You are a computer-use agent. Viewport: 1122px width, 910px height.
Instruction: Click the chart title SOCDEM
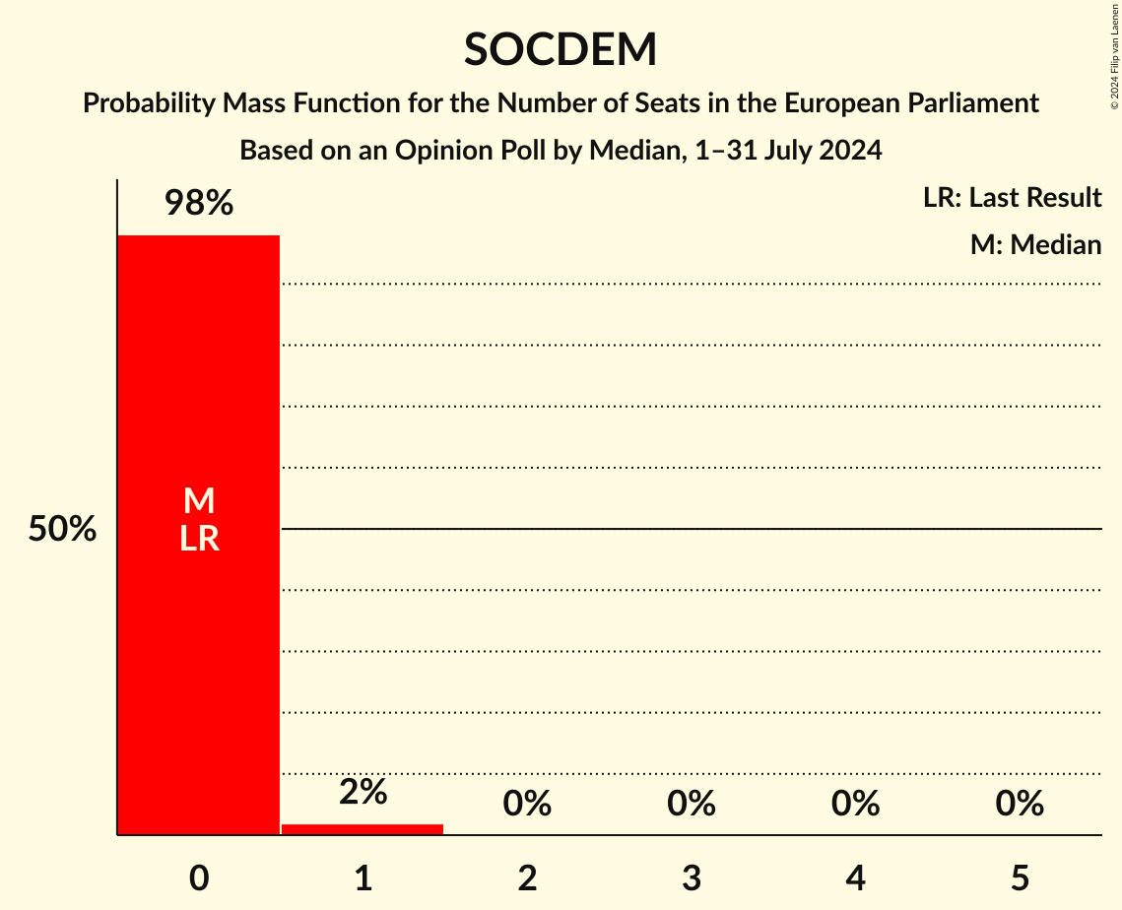pyautogui.click(x=561, y=50)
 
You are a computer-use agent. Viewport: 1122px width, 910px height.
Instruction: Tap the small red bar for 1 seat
pyautogui.click(x=363, y=829)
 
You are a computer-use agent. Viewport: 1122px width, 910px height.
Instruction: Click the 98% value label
pyautogui.click(x=199, y=204)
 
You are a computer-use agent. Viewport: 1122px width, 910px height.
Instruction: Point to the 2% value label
pyautogui.click(x=363, y=792)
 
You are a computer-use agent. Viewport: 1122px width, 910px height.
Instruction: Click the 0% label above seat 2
pyautogui.click(x=527, y=804)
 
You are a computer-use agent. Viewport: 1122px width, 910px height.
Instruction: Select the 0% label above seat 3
pyautogui.click(x=692, y=804)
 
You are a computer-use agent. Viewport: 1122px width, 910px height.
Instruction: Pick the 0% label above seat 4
pyautogui.click(x=855, y=804)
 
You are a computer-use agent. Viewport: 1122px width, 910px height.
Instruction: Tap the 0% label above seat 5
pyautogui.click(x=1020, y=804)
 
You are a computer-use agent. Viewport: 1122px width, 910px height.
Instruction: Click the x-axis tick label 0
pyautogui.click(x=199, y=877)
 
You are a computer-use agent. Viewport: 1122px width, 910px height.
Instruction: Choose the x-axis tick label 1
pyautogui.click(x=363, y=877)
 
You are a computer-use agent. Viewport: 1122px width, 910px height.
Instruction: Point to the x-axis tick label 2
pyautogui.click(x=527, y=877)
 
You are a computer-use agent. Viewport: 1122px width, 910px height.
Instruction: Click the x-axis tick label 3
pyautogui.click(x=692, y=877)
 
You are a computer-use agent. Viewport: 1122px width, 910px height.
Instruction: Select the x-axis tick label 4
pyautogui.click(x=855, y=877)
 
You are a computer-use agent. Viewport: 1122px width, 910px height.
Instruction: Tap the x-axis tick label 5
pyautogui.click(x=1020, y=877)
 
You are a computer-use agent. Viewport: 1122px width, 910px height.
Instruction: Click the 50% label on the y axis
pyautogui.click(x=62, y=530)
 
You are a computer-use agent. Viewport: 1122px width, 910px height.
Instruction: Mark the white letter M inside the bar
pyautogui.click(x=199, y=501)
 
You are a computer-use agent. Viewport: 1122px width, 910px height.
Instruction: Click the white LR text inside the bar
pyautogui.click(x=199, y=539)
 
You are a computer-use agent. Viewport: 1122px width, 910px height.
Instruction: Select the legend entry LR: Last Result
pyautogui.click(x=1012, y=198)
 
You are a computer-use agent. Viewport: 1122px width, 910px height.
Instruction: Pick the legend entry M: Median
pyautogui.click(x=1035, y=244)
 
